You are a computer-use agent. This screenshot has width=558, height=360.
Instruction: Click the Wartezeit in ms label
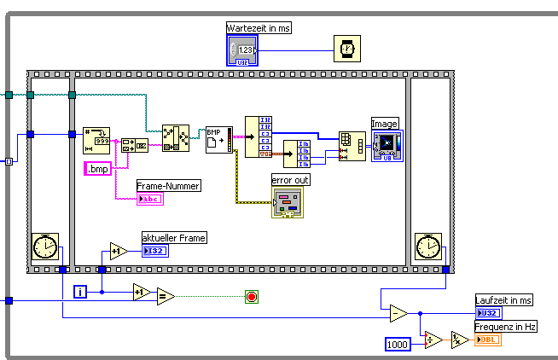click(x=259, y=28)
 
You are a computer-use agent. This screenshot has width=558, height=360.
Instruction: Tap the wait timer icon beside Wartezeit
click(x=346, y=49)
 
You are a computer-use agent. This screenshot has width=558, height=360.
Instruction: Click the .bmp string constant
click(x=100, y=168)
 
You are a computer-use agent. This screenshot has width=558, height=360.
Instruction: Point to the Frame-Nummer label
click(x=168, y=185)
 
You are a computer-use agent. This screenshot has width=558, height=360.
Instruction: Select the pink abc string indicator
click(x=149, y=199)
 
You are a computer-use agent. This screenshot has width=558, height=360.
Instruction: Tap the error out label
click(x=291, y=180)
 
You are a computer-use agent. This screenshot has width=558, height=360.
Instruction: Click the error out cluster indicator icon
click(x=287, y=202)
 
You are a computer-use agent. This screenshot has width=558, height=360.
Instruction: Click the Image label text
click(x=385, y=124)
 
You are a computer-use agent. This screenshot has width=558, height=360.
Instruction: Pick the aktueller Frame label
click(x=174, y=237)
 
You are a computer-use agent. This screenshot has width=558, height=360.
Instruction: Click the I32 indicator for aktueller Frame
click(x=155, y=251)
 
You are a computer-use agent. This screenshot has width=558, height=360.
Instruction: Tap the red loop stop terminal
click(x=252, y=297)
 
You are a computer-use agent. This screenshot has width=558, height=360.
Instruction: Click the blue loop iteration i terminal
click(x=81, y=293)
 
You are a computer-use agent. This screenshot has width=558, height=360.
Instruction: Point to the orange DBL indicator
click(x=488, y=340)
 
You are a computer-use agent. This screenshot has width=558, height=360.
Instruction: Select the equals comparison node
click(x=166, y=297)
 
